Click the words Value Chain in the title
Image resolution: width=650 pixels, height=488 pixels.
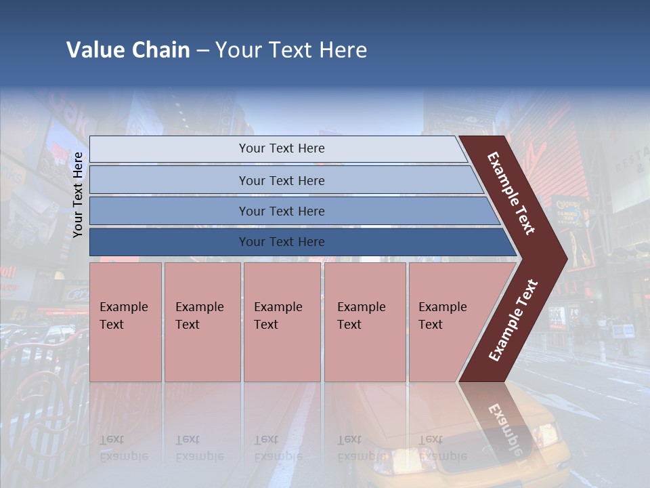point(128,50)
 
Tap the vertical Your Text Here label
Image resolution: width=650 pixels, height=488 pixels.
point(78,195)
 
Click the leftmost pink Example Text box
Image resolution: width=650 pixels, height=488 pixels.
point(125,322)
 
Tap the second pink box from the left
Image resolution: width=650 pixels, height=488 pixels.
point(202,322)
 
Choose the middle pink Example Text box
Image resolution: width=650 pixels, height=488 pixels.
point(282,322)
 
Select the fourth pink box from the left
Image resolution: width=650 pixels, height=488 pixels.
point(365,322)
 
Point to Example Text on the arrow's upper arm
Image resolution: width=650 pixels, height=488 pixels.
point(511,193)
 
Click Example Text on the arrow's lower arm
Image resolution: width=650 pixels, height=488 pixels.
point(513,320)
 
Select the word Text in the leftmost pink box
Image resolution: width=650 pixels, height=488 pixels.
point(112,325)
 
